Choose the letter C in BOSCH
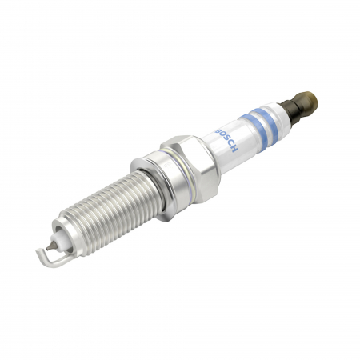coord(230,145)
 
